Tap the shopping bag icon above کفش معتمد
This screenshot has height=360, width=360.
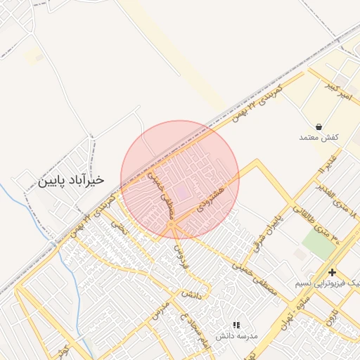319,127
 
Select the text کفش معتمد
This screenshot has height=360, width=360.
319,137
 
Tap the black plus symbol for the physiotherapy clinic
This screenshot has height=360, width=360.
332,272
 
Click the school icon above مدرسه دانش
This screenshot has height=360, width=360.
236,325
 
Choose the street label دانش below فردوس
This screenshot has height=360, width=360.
191,295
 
